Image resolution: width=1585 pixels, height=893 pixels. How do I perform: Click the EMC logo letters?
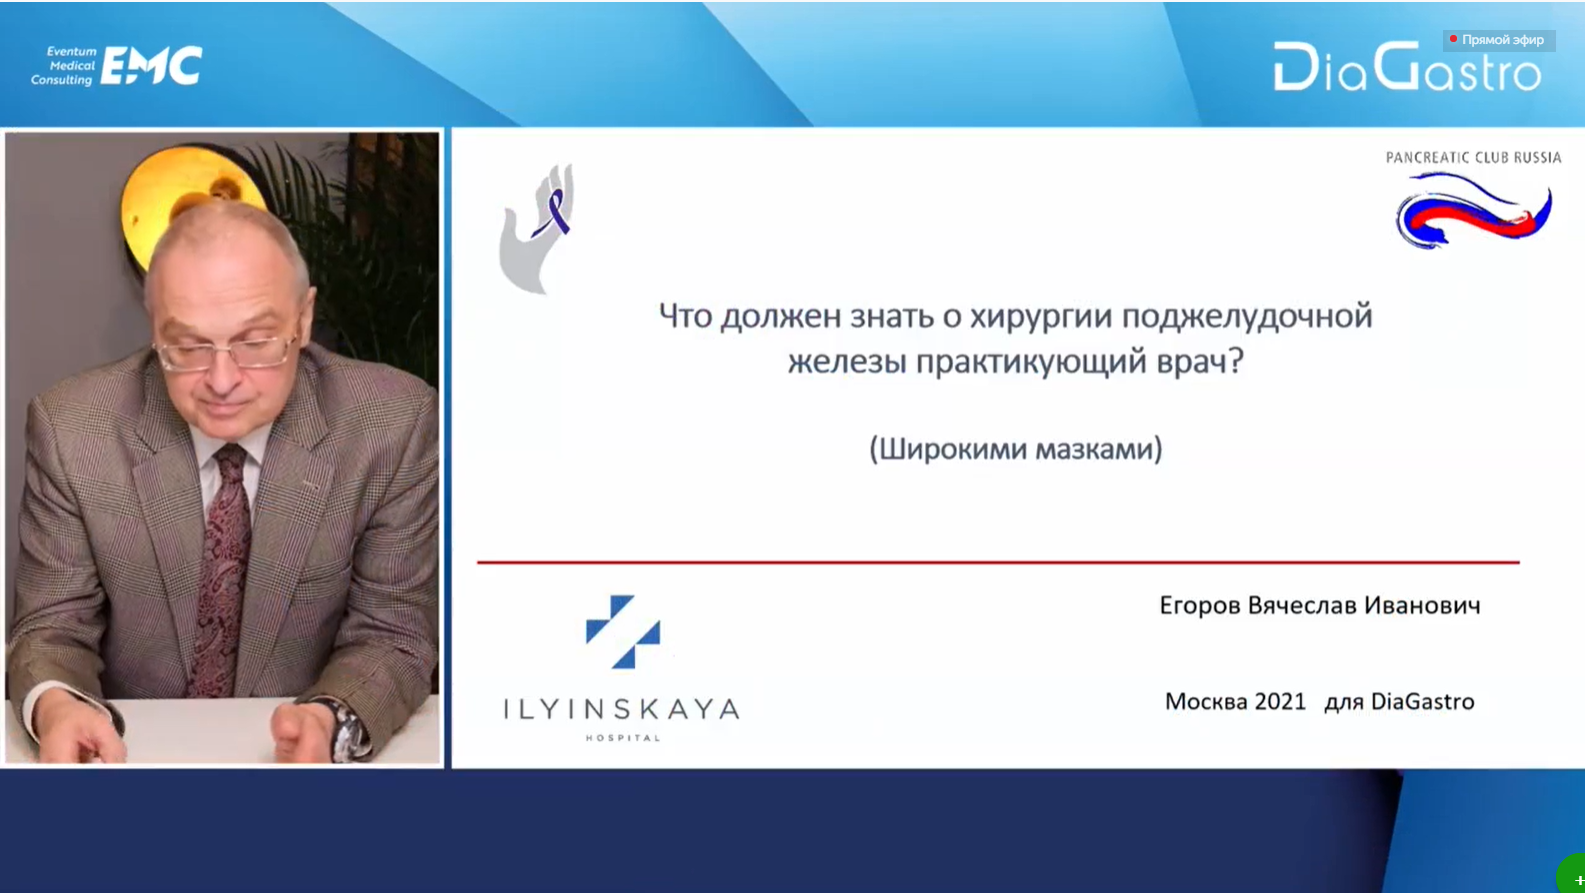pyautogui.click(x=151, y=66)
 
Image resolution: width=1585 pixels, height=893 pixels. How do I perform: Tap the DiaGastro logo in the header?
pyautogui.click(x=1407, y=67)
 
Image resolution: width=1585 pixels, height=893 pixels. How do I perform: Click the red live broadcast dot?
pyautogui.click(x=1453, y=39)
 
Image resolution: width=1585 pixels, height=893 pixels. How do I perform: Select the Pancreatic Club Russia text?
pyautogui.click(x=1473, y=157)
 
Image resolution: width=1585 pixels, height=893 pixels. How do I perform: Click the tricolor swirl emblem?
pyautogui.click(x=1474, y=211)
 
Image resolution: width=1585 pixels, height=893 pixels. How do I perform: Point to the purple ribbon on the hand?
pyautogui.click(x=554, y=211)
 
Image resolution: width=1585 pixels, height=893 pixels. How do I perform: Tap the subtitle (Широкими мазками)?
pyautogui.click(x=1015, y=449)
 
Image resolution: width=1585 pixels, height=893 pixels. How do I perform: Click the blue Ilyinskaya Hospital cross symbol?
pyautogui.click(x=623, y=631)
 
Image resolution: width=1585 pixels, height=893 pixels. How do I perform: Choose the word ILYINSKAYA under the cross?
pyautogui.click(x=622, y=709)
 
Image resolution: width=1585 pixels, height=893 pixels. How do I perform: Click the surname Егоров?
pyautogui.click(x=1199, y=606)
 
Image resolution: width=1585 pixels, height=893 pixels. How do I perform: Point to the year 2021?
pyautogui.click(x=1279, y=701)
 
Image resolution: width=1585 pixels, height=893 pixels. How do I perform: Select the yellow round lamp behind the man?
pyautogui.click(x=185, y=205)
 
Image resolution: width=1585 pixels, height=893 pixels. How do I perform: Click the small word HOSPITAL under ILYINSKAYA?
pyautogui.click(x=623, y=738)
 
